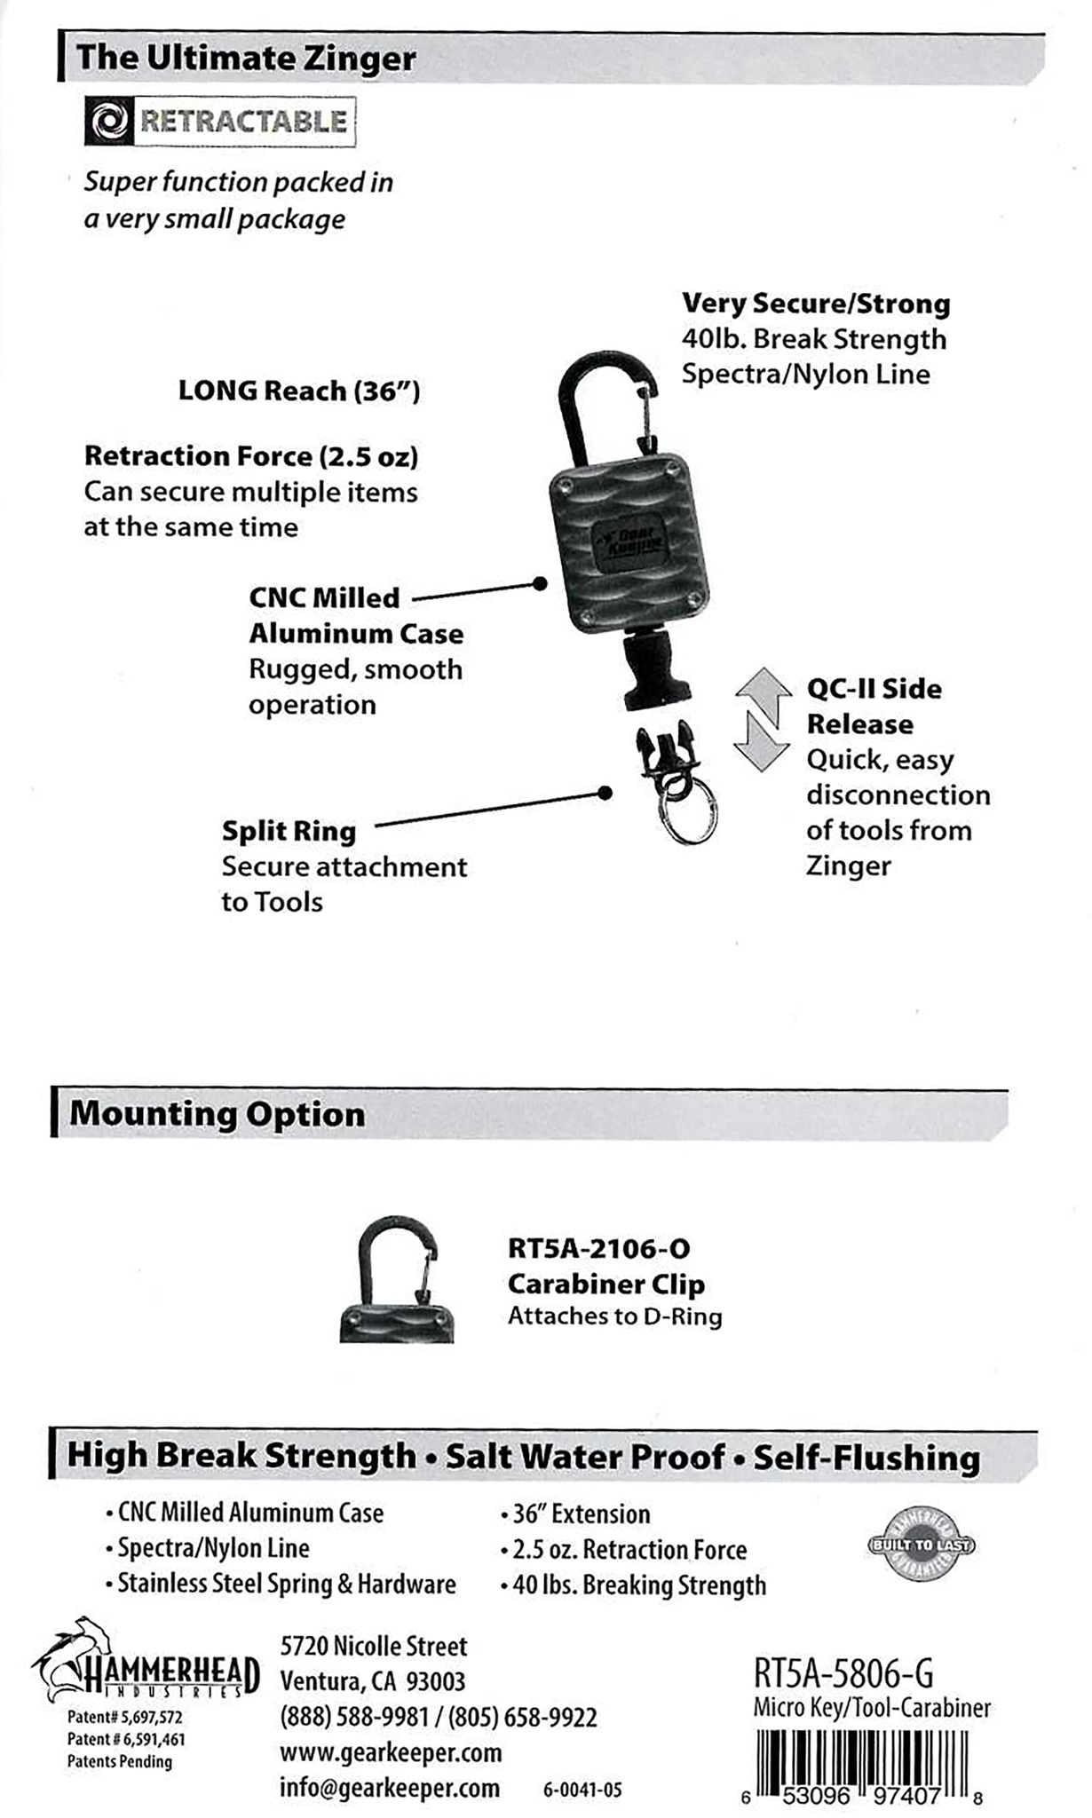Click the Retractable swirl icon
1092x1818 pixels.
pyautogui.click(x=110, y=122)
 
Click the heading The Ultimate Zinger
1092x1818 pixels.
pyautogui.click(x=246, y=59)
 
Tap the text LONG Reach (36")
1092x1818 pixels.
pyautogui.click(x=298, y=391)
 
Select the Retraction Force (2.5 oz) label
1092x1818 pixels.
pyautogui.click(x=250, y=456)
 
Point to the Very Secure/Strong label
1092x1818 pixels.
pyautogui.click(x=815, y=304)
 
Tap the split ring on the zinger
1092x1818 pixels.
pyautogui.click(x=689, y=815)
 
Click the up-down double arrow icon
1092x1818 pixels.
pyautogui.click(x=762, y=720)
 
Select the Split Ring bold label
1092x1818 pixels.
pyautogui.click(x=289, y=832)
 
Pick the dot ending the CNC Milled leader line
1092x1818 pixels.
pyautogui.click(x=539, y=583)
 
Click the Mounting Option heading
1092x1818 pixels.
pyautogui.click(x=218, y=1114)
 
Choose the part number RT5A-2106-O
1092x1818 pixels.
pyautogui.click(x=598, y=1249)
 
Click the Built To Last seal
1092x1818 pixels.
pyautogui.click(x=921, y=1545)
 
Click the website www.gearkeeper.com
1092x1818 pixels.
pyautogui.click(x=391, y=1752)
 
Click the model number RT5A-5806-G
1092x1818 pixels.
pyautogui.click(x=843, y=1674)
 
